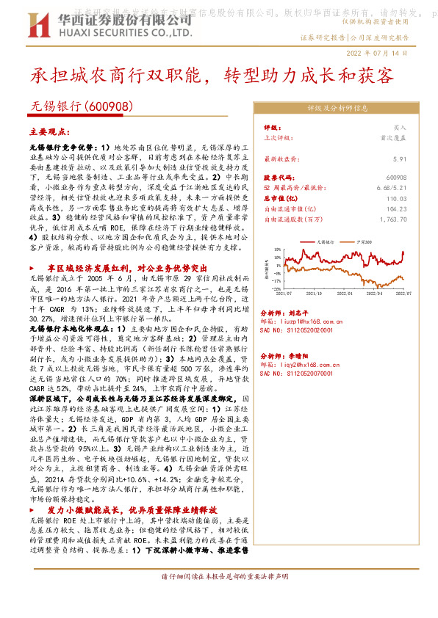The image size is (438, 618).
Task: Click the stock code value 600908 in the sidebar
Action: click(x=395, y=178)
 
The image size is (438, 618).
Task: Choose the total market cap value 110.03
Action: click(x=396, y=198)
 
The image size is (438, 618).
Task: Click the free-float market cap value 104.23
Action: click(x=396, y=208)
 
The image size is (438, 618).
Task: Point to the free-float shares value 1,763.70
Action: click(x=392, y=219)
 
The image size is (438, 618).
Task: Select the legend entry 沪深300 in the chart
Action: click(x=365, y=241)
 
